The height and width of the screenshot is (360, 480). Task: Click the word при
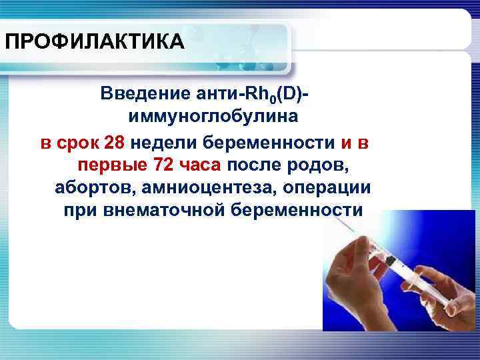79,211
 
